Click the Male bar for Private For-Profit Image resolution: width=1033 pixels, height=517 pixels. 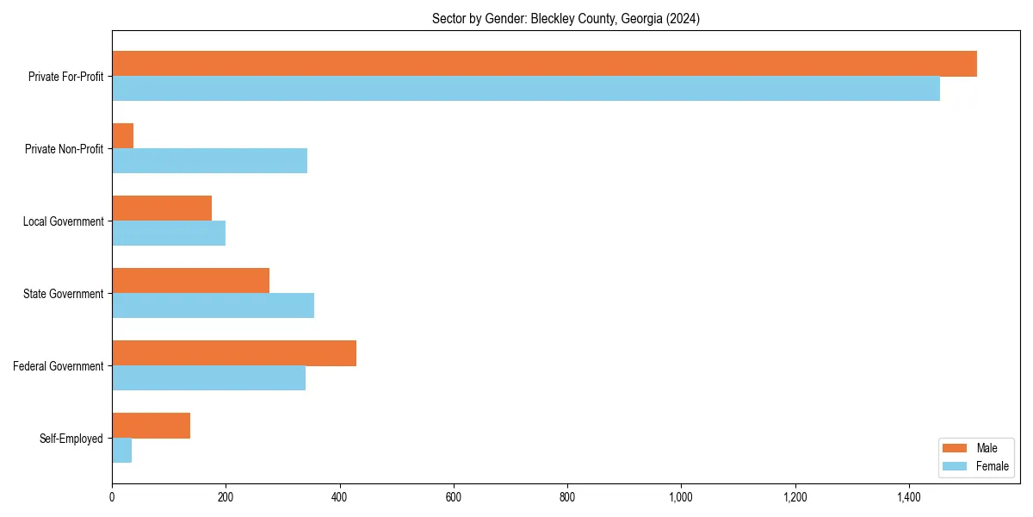(544, 64)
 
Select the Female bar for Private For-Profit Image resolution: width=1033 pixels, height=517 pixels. (525, 89)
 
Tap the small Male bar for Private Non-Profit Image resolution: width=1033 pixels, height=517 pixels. (122, 136)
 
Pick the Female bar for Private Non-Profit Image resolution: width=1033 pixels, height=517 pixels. (209, 161)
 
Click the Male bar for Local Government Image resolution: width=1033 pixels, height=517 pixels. (162, 209)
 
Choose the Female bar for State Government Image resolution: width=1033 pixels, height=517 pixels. (213, 306)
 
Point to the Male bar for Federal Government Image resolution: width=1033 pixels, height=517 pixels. (234, 353)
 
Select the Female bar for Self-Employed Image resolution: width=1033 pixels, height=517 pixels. (121, 451)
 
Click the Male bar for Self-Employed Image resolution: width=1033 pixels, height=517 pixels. (151, 426)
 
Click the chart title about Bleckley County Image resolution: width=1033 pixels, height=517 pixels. (566, 19)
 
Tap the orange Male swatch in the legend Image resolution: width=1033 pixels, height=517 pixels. (955, 448)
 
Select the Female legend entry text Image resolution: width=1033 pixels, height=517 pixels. (992, 466)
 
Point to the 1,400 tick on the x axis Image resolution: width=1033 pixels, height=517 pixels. (909, 497)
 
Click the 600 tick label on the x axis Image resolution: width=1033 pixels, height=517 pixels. (454, 497)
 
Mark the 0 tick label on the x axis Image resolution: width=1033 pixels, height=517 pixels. (112, 497)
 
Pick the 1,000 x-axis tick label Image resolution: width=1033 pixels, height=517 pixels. (681, 497)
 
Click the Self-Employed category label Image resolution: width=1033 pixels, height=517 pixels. (71, 439)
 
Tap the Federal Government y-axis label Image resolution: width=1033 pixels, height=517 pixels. (59, 366)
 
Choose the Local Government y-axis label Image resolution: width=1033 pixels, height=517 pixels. (63, 221)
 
